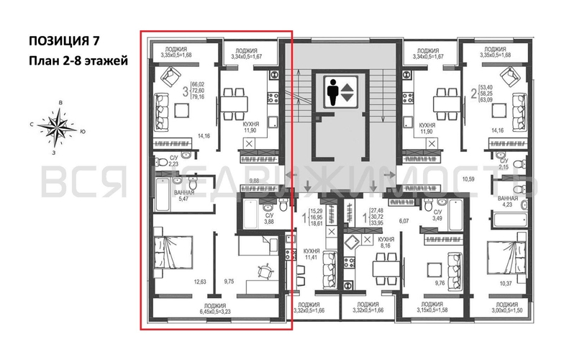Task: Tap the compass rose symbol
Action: [58, 127]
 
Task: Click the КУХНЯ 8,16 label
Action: [385, 241]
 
